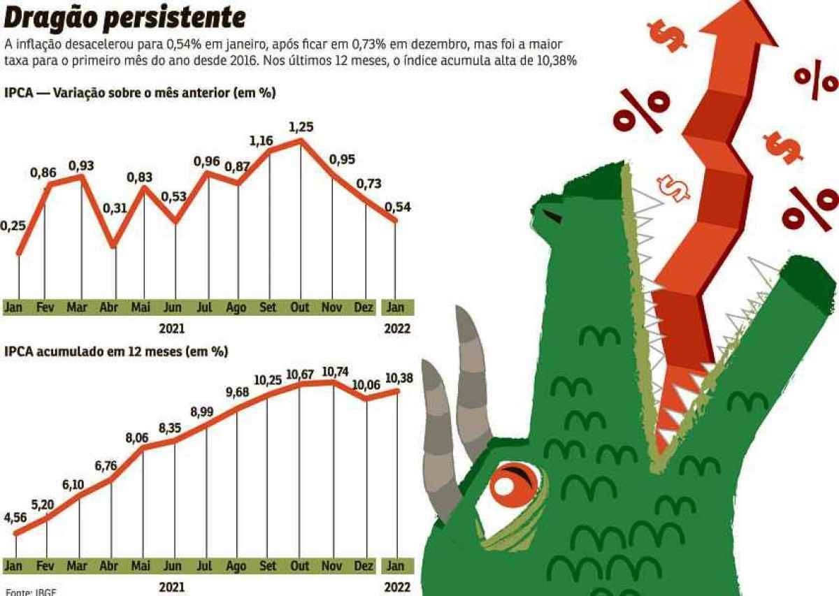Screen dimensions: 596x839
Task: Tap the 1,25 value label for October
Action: point(301,127)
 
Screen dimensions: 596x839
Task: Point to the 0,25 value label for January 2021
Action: point(13,226)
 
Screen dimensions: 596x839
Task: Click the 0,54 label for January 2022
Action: point(397,207)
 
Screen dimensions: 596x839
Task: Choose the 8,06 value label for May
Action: point(137,438)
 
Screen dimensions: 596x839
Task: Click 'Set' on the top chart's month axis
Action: point(267,307)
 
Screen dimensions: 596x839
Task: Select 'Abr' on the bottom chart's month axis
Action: point(108,565)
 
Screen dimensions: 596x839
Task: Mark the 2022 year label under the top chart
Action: point(397,328)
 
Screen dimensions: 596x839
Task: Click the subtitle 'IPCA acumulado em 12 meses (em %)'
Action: point(116,352)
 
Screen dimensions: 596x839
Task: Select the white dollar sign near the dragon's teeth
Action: point(673,186)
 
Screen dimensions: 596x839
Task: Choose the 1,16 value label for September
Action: point(263,141)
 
